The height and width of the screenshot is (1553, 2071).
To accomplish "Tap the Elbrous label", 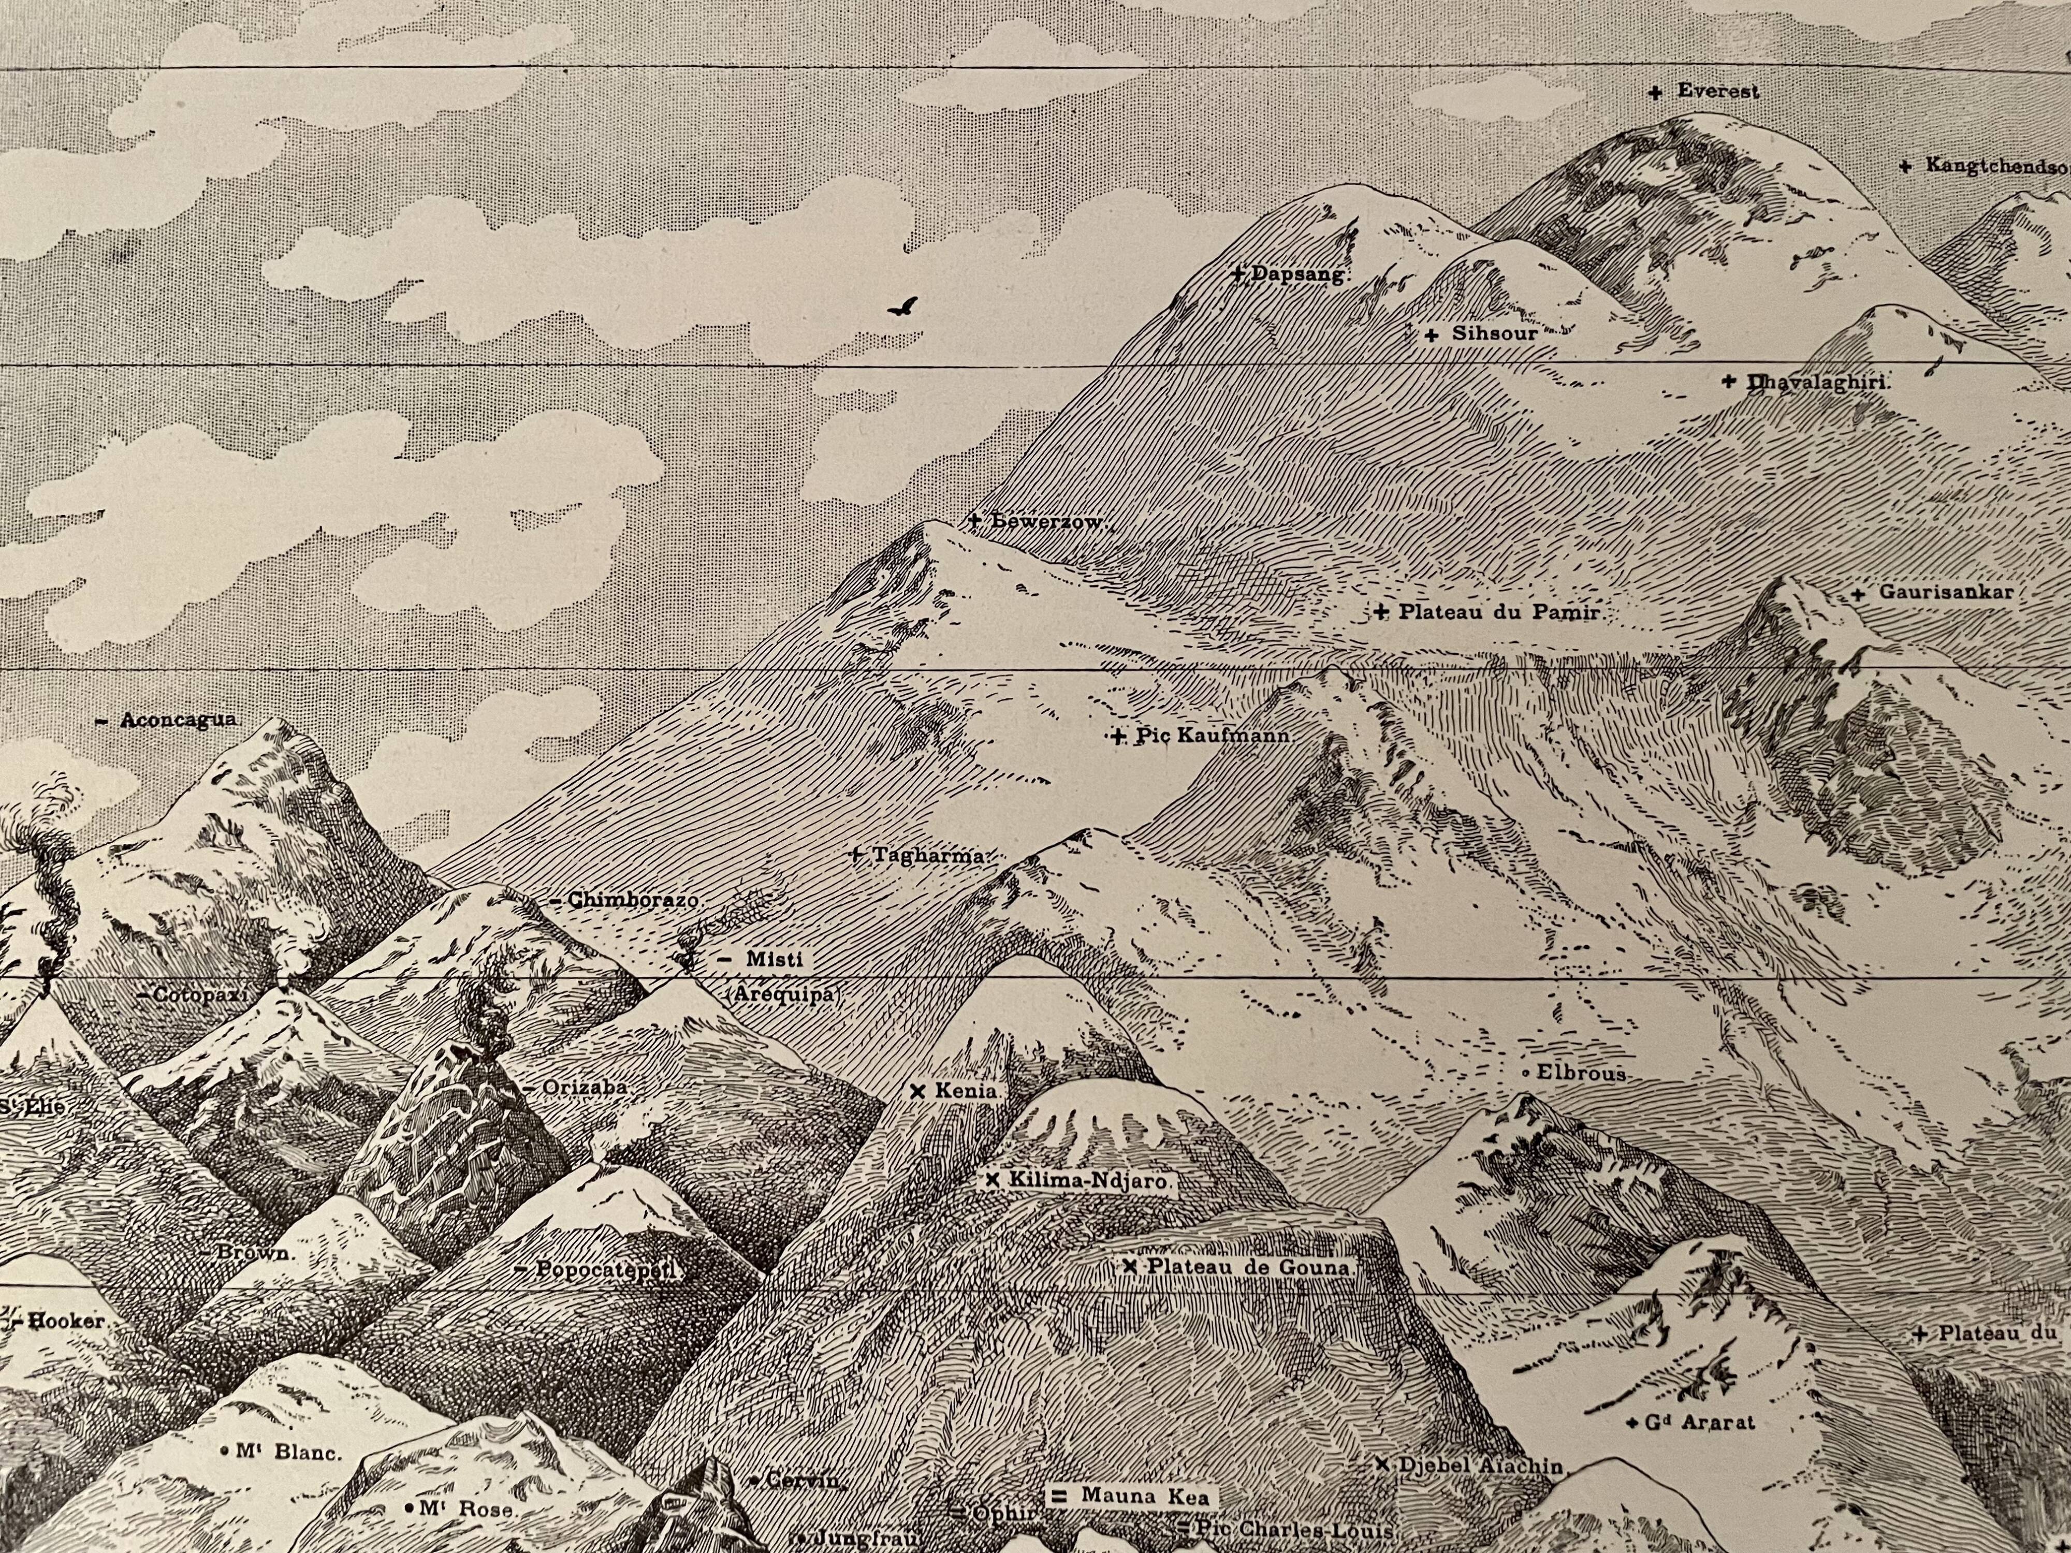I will click(x=1580, y=1074).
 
